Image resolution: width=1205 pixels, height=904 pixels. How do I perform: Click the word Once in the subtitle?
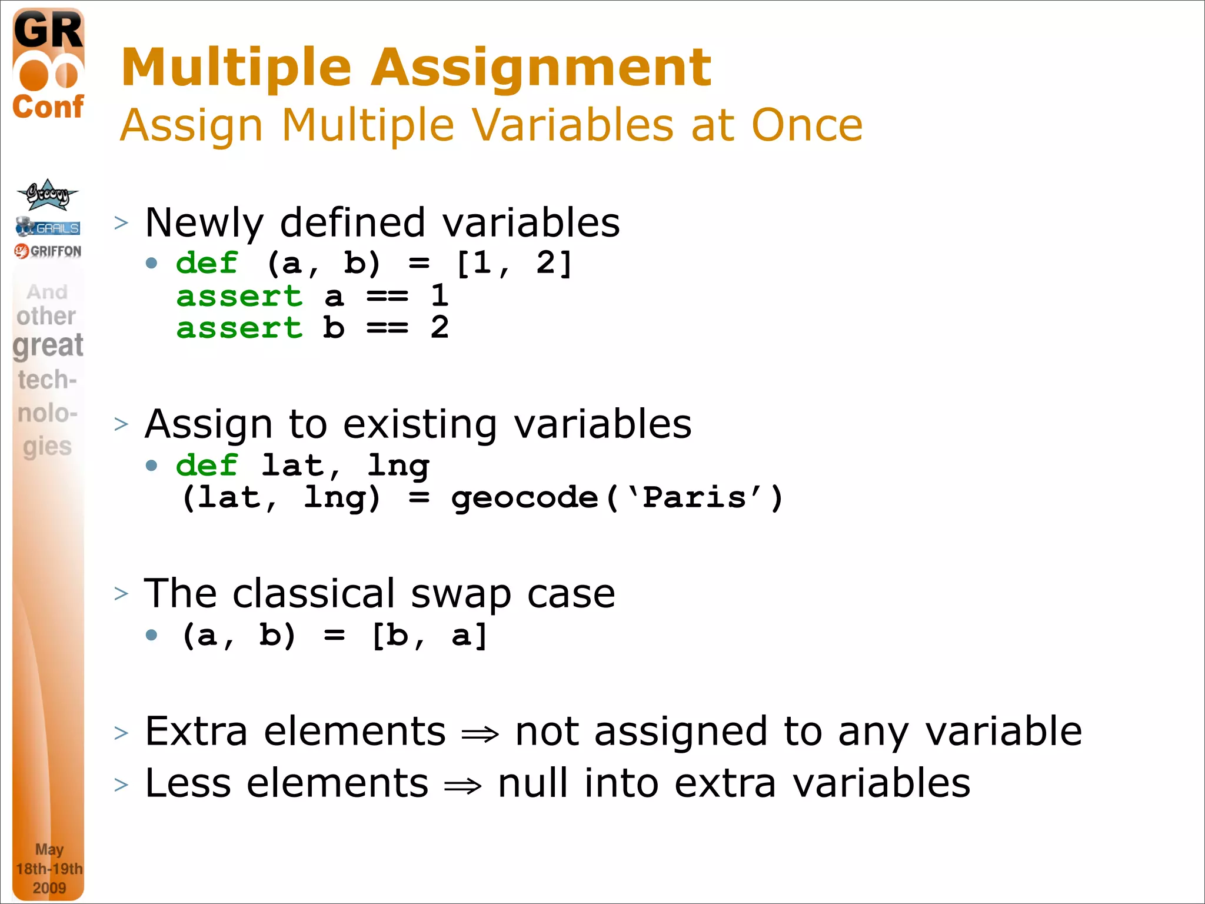coord(807,125)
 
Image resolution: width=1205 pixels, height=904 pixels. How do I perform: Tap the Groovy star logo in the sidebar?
coord(47,195)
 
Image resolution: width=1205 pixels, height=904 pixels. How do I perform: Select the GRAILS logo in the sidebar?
coord(48,227)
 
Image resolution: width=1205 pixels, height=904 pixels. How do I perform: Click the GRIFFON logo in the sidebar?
coord(48,251)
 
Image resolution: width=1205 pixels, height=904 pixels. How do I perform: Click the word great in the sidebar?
coord(48,345)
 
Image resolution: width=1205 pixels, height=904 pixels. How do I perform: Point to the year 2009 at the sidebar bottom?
coord(49,888)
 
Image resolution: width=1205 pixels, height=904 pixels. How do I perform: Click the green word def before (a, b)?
coord(207,262)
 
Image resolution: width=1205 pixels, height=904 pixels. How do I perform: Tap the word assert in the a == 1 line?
coord(239,296)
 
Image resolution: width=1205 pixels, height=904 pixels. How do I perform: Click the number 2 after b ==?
coord(440,328)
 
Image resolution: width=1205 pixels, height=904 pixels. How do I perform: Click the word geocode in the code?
coord(524,498)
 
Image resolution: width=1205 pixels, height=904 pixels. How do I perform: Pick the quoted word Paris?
coord(694,498)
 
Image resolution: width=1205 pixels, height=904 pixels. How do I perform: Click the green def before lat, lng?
coord(207,466)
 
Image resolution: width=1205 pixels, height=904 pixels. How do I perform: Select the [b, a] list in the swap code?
coord(430,636)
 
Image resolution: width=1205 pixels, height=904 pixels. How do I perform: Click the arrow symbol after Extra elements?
coord(480,734)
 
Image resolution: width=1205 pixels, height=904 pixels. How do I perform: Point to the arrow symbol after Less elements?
coord(462,786)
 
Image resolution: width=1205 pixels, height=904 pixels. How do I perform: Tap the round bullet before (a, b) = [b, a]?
coord(152,634)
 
